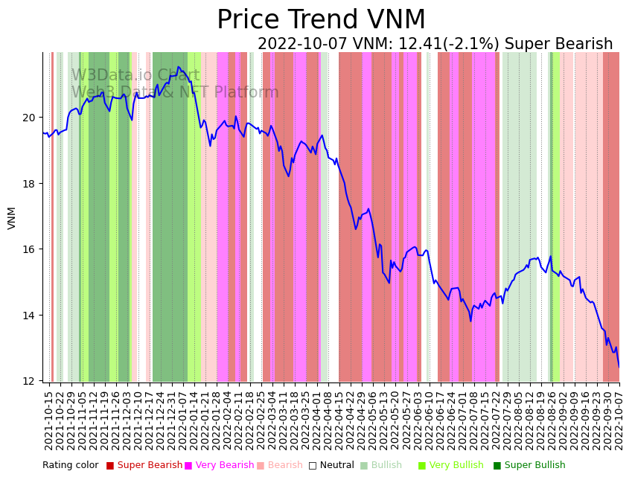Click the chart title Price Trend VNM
(x=321, y=20)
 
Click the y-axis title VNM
(x=12, y=218)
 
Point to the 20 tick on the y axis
(x=29, y=118)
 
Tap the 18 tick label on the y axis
(x=29, y=184)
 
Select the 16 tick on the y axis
(x=29, y=249)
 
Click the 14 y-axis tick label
(x=29, y=316)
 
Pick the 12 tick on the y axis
(x=29, y=381)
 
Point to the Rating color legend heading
(x=70, y=466)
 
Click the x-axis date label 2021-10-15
(x=49, y=420)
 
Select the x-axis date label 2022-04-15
(x=339, y=420)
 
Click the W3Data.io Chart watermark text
(x=135, y=76)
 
